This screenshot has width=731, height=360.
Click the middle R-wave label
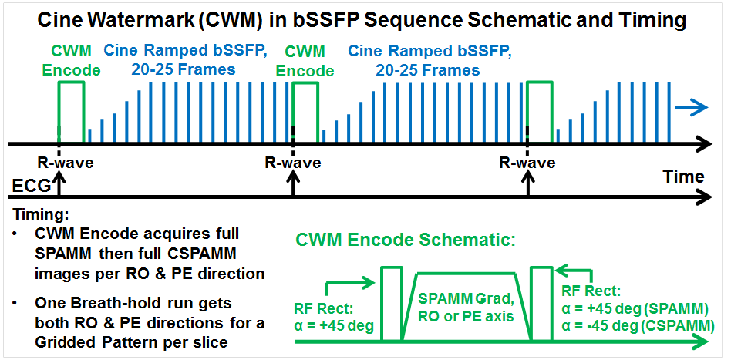[293, 163]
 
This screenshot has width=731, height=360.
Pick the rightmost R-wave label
[527, 163]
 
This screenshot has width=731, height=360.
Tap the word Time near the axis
[683, 177]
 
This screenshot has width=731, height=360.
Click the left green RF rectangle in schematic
[391, 304]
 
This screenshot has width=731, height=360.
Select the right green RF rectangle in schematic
[542, 304]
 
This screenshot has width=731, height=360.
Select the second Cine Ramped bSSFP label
[429, 60]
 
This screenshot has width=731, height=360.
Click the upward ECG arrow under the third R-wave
[527, 185]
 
